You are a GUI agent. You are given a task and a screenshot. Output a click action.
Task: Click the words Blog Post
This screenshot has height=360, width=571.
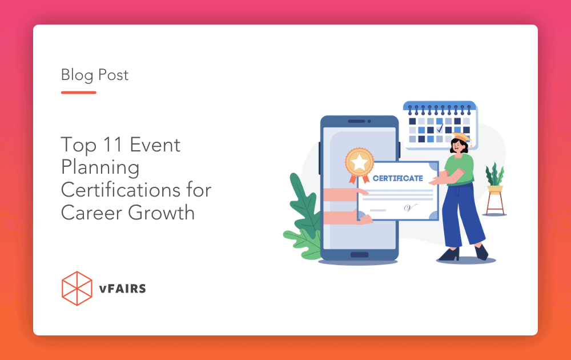95,75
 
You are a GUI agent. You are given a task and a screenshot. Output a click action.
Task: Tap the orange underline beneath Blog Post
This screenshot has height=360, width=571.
79,92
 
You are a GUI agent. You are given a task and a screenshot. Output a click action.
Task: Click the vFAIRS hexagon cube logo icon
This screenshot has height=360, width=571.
77,288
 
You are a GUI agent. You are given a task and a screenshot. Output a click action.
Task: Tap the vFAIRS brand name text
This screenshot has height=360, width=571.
122,289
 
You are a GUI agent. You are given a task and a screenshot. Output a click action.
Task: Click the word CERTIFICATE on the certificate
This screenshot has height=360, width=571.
397,178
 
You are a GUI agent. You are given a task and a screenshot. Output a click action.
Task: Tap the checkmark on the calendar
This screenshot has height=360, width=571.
439,130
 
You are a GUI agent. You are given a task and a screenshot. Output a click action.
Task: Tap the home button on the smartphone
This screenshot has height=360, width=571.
359,254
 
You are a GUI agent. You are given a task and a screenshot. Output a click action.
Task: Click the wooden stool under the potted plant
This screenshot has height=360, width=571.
495,201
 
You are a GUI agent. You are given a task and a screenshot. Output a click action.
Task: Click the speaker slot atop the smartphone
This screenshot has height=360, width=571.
359,121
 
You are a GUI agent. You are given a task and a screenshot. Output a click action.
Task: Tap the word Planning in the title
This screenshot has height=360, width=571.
100,167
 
